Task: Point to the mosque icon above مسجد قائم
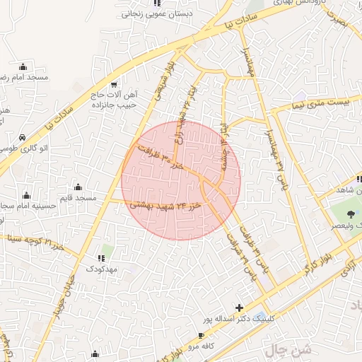pos(78,187)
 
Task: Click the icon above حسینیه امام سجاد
pos(26,194)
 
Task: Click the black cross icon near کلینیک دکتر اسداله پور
pos(239,308)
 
